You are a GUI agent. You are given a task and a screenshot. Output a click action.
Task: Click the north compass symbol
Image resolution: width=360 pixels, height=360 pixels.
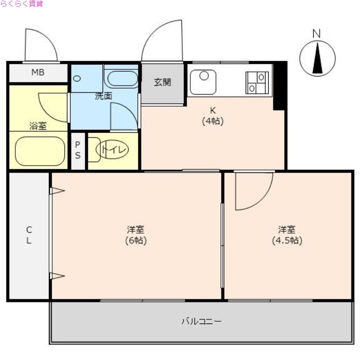(318, 57)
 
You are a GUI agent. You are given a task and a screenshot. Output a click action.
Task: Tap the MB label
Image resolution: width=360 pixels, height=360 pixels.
(38, 72)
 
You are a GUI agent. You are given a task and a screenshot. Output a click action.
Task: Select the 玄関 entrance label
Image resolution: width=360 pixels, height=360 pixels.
(162, 83)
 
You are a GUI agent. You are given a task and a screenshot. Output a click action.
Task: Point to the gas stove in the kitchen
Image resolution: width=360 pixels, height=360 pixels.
(256, 83)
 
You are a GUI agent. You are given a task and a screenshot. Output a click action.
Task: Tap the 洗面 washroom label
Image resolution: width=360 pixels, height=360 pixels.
(103, 96)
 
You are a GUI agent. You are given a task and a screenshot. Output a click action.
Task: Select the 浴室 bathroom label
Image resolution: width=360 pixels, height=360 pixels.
(38, 126)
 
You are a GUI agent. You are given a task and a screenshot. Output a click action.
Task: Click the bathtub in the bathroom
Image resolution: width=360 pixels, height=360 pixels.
(38, 151)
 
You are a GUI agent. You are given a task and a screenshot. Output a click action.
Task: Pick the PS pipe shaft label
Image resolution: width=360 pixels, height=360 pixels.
(78, 150)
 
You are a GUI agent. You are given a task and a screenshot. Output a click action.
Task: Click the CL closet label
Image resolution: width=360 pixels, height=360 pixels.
(28, 235)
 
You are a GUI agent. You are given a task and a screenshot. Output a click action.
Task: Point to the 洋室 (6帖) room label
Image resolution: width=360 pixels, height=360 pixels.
(135, 235)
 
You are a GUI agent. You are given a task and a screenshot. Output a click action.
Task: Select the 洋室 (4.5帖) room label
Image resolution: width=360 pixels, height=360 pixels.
(287, 235)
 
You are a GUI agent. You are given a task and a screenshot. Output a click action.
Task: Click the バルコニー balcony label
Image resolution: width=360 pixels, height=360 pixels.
(201, 321)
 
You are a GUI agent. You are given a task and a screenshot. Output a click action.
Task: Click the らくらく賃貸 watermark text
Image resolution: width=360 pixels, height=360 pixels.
(22, 4)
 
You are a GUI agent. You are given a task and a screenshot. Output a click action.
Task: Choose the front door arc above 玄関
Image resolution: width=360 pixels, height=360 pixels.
(163, 40)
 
